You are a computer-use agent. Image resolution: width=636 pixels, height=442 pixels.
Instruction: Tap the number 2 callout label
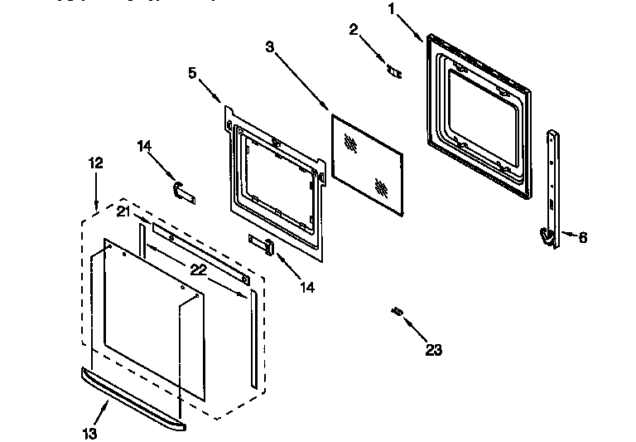coord(354,30)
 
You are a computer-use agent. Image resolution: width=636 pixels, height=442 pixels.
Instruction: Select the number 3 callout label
coord(269,46)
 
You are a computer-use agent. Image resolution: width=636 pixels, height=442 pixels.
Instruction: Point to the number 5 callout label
coord(193,72)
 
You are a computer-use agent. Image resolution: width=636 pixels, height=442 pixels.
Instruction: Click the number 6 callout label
coord(582,237)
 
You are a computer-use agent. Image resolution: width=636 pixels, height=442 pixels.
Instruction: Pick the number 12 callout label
coord(96,163)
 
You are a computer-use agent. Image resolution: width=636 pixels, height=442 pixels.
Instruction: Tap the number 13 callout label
coord(89,433)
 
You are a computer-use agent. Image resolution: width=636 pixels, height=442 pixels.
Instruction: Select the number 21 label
coord(123,212)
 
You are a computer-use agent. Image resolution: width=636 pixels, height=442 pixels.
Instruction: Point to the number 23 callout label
coord(433,350)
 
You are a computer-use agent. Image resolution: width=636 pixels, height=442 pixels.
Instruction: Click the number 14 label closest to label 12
coord(145,147)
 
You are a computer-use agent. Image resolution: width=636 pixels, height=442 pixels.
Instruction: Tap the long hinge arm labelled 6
coord(552,182)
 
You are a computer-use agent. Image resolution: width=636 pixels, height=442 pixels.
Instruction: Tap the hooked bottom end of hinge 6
coord(546,237)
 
